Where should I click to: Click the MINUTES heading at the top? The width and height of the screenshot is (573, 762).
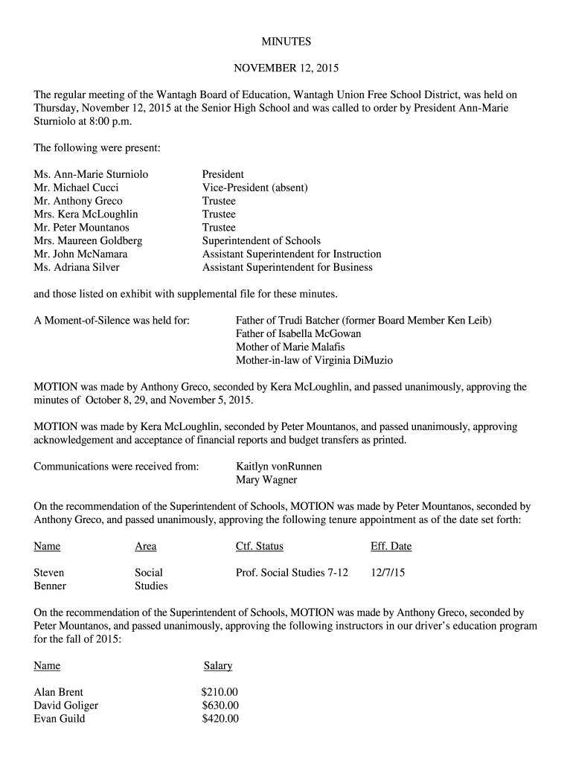(x=286, y=42)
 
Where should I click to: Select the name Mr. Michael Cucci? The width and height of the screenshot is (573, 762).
(x=76, y=188)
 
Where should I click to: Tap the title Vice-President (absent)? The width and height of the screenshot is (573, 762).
(x=255, y=188)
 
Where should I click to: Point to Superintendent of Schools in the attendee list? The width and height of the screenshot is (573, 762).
(x=261, y=241)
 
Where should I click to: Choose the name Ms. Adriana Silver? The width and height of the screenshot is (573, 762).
(x=76, y=268)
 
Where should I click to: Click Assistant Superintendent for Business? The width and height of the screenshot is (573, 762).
(x=287, y=268)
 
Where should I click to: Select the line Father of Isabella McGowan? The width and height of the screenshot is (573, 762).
(x=298, y=334)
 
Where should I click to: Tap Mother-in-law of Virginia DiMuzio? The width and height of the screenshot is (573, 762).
(x=314, y=361)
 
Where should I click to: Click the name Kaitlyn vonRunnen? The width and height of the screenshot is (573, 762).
(x=278, y=467)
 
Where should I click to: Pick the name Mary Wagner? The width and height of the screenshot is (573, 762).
(x=266, y=480)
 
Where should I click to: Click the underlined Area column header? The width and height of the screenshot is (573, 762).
(x=145, y=547)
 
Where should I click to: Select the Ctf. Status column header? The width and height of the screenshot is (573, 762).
(x=259, y=547)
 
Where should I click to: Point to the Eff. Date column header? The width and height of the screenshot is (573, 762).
(x=391, y=547)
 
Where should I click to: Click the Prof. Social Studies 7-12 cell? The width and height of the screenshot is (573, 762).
(x=292, y=573)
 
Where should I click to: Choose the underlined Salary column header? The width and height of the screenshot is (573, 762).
(x=218, y=666)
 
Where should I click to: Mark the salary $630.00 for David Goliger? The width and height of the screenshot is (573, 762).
(x=220, y=705)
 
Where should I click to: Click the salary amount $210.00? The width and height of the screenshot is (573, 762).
(x=220, y=692)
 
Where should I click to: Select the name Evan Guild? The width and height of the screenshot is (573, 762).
(x=60, y=719)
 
